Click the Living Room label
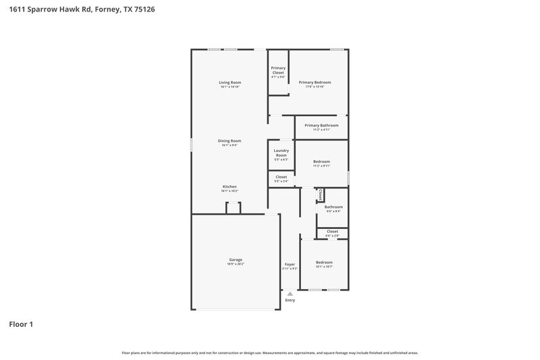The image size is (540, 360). (x=230, y=82)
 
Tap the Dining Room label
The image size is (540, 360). (x=230, y=140)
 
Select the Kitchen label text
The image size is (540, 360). (x=230, y=186)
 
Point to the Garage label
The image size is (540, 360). (x=236, y=259)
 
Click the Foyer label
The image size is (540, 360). (x=290, y=264)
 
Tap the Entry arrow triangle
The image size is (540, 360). (x=290, y=294)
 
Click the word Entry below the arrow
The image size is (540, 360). (x=290, y=300)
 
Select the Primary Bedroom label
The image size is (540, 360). (x=315, y=82)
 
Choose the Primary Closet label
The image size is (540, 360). (x=278, y=70)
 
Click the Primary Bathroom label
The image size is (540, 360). (x=321, y=125)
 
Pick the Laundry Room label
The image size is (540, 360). (x=281, y=153)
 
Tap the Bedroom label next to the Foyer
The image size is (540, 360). (x=324, y=262)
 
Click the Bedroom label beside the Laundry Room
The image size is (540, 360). (x=321, y=161)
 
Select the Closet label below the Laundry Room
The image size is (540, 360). (x=281, y=177)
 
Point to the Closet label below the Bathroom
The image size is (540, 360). (x=332, y=231)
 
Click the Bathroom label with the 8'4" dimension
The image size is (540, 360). (x=333, y=207)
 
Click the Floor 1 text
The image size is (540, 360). (x=21, y=324)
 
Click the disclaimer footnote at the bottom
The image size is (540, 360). (x=269, y=353)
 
